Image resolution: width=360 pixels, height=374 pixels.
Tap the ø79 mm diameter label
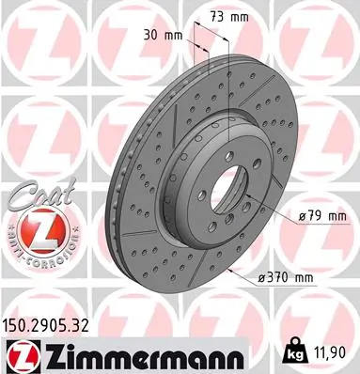point(321,217)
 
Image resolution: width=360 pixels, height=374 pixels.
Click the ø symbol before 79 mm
point(302,217)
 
